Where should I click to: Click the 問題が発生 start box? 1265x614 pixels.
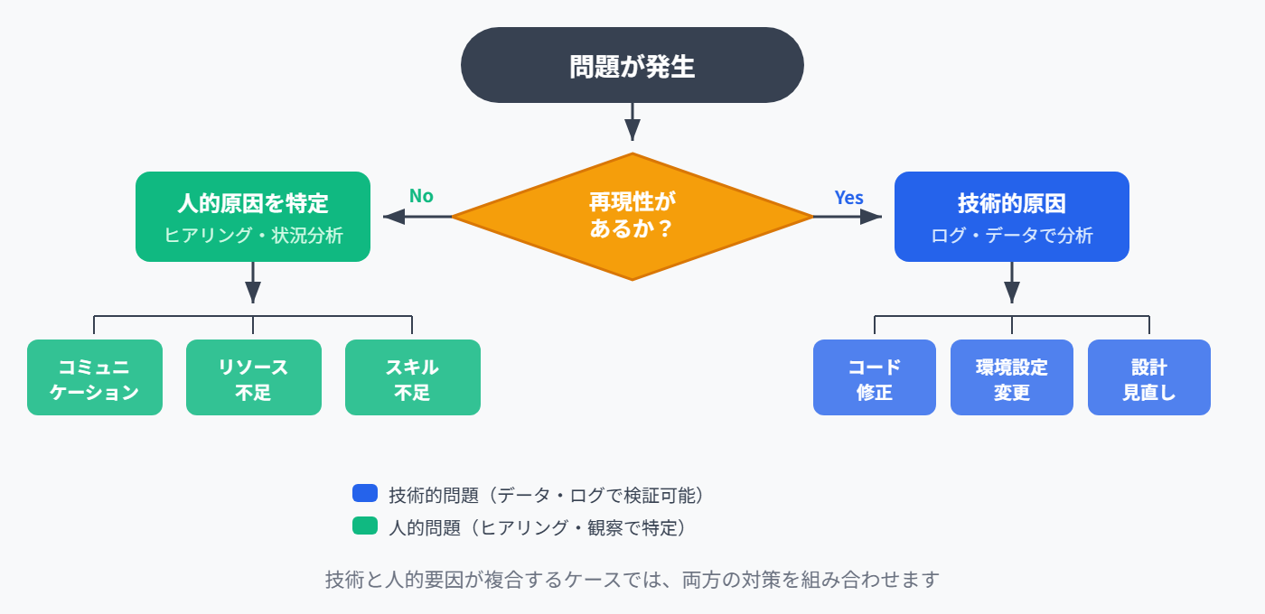point(632,65)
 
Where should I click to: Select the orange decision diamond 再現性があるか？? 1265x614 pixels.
point(632,217)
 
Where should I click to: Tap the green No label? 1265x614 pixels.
point(421,196)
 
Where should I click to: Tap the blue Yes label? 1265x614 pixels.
point(848,198)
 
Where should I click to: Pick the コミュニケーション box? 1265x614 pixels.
point(95,377)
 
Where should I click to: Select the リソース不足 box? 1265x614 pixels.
point(254,377)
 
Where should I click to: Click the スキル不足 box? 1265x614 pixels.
point(413,377)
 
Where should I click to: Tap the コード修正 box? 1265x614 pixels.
point(875,377)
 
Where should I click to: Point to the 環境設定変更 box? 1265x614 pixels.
point(1012,377)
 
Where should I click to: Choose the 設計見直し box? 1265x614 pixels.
point(1149,377)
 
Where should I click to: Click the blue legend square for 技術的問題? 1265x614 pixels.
point(364,493)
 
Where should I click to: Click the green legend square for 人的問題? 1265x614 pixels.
point(364,526)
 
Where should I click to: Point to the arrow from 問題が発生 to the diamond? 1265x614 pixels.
point(632,121)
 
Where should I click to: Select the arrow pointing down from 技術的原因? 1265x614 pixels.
point(1012,284)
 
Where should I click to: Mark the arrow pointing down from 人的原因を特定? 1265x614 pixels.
point(253,284)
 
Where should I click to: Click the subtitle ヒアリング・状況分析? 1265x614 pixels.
point(253,236)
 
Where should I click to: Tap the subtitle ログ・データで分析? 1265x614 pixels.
point(1012,236)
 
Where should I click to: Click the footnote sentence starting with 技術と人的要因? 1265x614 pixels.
point(632,580)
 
